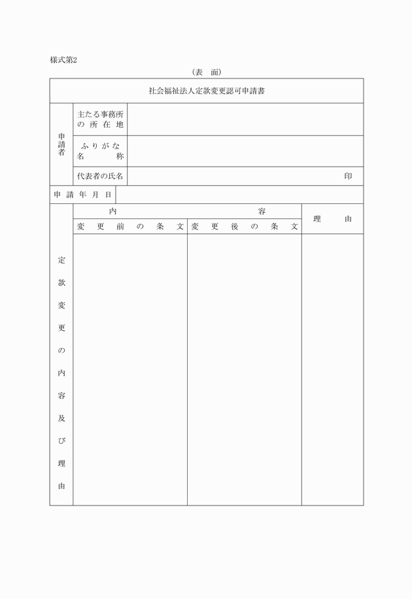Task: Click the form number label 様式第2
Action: coord(63,60)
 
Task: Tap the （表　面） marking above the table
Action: coord(206,72)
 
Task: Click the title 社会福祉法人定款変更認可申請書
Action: coord(206,91)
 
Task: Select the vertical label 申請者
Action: coord(61,145)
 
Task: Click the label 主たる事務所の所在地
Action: coord(100,119)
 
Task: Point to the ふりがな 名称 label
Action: coord(100,151)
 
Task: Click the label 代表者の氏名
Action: coord(100,177)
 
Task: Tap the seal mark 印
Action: coord(348,177)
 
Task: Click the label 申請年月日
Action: coord(82,195)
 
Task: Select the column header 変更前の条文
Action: coord(130,227)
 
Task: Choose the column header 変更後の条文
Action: coord(244,227)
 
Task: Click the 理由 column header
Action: coord(332,219)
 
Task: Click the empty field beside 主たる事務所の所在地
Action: coord(245,119)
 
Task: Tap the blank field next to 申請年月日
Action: coord(239,195)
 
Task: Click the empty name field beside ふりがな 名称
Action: coord(245,151)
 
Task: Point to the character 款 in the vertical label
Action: coord(61,283)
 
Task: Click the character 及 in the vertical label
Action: coord(61,419)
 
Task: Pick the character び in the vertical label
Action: coord(61,441)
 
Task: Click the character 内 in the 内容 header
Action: coord(113,211)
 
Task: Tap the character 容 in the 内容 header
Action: coord(262,211)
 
